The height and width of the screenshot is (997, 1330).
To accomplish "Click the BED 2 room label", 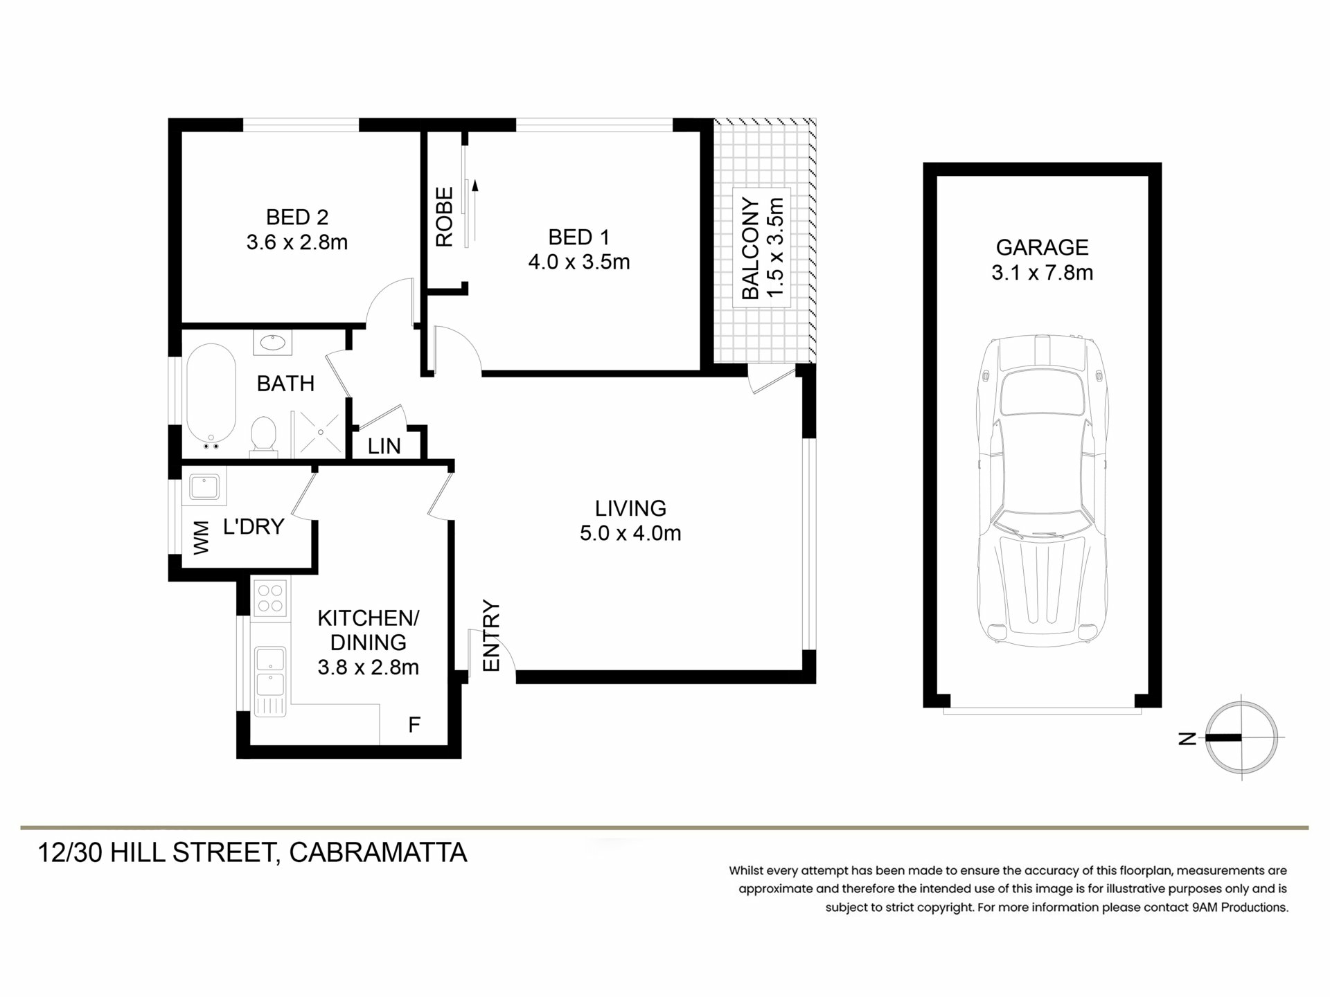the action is coord(297,217).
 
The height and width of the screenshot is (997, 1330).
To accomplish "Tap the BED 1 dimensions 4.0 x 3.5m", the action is coord(579,262).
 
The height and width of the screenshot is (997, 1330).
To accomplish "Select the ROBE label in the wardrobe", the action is coord(444,217).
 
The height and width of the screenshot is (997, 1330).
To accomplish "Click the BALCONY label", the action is coord(750,249).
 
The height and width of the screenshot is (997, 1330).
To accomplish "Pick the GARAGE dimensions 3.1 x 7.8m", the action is coord(1042,273).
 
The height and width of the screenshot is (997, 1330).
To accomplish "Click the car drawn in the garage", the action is coord(1042,491).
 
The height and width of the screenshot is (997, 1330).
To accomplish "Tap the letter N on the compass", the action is coord(1187,738).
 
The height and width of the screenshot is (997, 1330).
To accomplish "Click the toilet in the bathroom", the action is coord(263,435).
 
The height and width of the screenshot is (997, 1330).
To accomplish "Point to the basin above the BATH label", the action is coord(273,343).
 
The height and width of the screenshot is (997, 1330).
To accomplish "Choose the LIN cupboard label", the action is coord(384,447).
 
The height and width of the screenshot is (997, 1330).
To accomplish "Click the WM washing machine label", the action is coord(201,538).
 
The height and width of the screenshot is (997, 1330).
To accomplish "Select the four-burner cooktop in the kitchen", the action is coord(270,598).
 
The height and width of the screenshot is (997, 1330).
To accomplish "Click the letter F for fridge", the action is coord(414,725).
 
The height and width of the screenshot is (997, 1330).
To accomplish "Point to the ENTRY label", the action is coord(491,636).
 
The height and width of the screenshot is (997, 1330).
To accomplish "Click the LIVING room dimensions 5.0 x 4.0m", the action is coord(630,534).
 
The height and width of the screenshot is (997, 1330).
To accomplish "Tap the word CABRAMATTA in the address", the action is coord(378,853).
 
